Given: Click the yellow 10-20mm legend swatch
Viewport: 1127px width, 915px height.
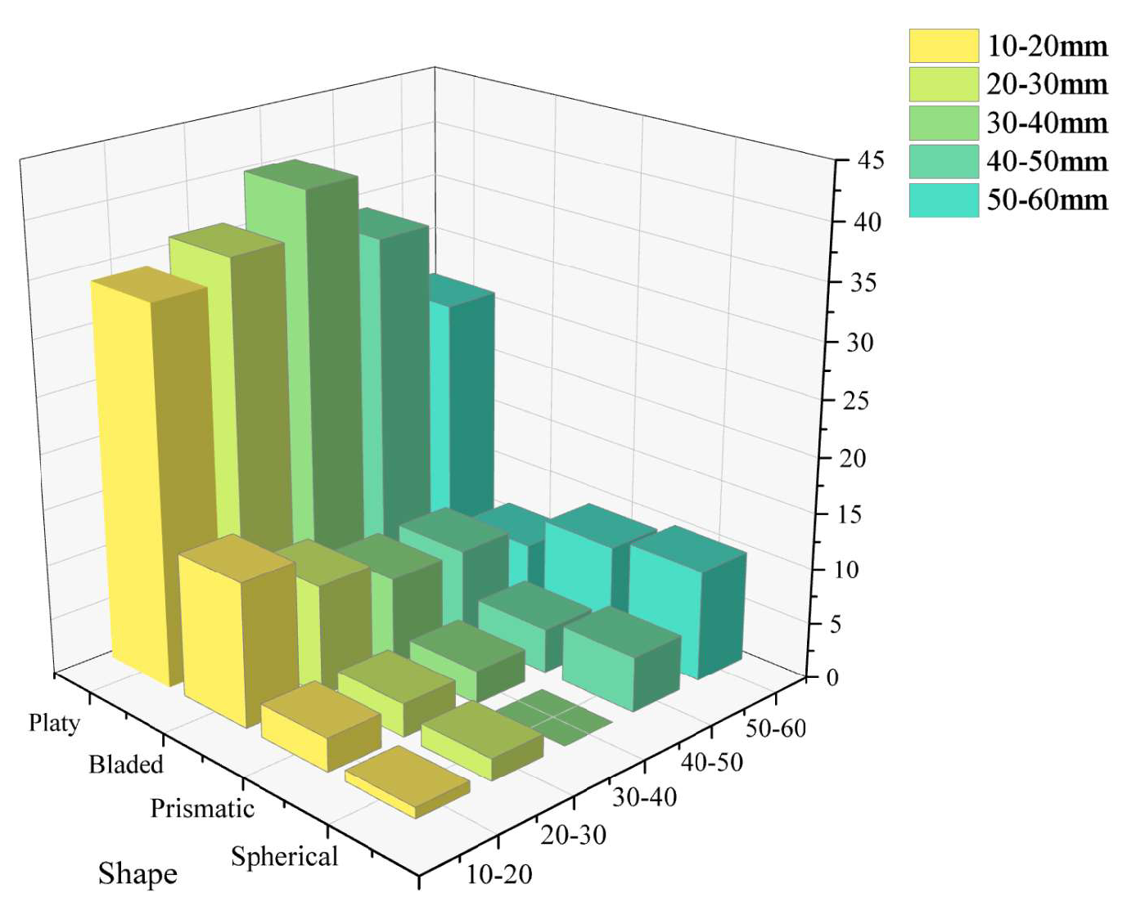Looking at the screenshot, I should tap(943, 46).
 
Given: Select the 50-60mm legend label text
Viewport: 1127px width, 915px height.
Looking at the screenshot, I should tap(1047, 200).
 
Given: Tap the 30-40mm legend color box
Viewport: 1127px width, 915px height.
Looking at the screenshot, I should tap(943, 123).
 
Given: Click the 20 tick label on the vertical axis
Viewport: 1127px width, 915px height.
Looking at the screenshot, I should tap(852, 458).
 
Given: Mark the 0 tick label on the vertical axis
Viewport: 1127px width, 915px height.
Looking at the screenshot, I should tap(832, 678).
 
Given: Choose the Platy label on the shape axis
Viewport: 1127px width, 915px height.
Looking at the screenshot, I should tap(54, 723).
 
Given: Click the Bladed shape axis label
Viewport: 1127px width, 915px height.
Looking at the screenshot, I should tap(126, 765).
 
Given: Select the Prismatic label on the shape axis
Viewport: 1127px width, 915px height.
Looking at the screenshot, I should tap(202, 809).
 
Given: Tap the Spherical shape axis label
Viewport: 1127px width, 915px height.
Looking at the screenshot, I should tap(284, 856).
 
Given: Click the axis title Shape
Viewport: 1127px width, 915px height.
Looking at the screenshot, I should tap(137, 873).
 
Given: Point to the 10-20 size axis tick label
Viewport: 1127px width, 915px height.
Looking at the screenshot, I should tap(499, 875).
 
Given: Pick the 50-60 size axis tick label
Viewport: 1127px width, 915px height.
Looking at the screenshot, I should tap(775, 728).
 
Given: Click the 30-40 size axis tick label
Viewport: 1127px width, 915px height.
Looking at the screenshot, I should tap(644, 796).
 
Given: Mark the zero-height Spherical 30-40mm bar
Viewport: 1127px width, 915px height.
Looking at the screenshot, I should tap(555, 717).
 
